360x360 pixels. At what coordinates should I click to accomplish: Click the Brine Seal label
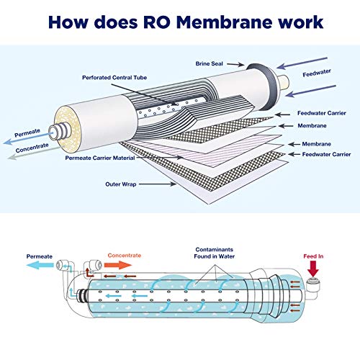[x=211, y=63]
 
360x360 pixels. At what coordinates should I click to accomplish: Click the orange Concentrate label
[x=124, y=255]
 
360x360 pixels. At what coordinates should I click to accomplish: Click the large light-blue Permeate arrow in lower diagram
[x=37, y=266]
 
